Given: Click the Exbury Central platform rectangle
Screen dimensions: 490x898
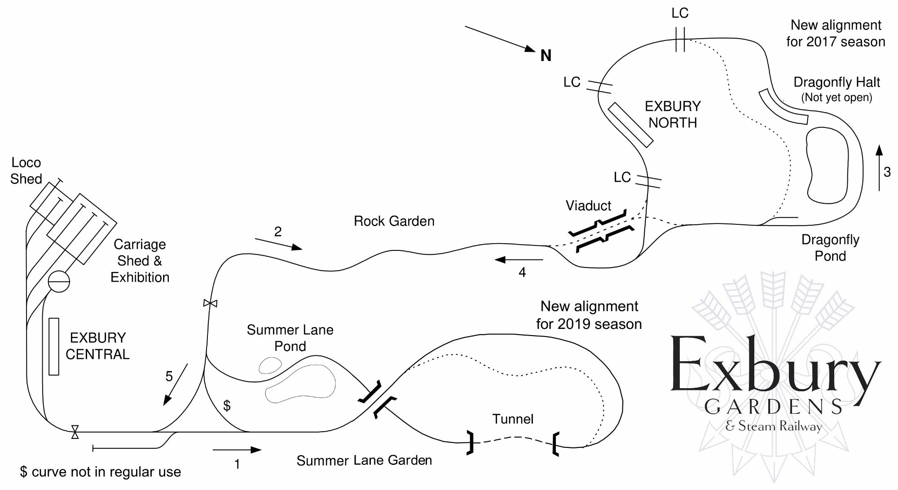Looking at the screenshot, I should (x=54, y=346).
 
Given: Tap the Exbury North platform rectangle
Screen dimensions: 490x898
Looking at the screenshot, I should (x=630, y=125).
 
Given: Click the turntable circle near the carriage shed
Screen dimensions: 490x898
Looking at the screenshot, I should (x=59, y=281).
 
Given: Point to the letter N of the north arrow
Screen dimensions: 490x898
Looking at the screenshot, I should (x=546, y=56).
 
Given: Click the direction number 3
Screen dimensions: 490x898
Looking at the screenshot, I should (x=887, y=172).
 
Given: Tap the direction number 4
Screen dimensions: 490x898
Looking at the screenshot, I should (x=522, y=272).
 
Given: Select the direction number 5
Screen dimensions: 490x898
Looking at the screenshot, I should (x=169, y=376).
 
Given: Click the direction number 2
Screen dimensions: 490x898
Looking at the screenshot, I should (x=278, y=232).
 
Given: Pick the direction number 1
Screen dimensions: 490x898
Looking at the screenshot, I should (x=237, y=464).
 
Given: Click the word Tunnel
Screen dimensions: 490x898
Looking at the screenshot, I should (x=513, y=419).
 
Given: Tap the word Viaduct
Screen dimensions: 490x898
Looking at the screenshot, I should (x=588, y=206).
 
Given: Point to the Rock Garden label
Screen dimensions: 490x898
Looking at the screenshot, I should (x=394, y=221).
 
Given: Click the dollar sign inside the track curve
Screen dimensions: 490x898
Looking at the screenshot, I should (x=227, y=406).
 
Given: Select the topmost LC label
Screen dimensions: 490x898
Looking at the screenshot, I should (x=680, y=13).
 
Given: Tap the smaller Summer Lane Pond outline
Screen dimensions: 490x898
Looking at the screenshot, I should (x=270, y=365).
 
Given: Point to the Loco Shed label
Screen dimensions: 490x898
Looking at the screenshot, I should (x=26, y=171).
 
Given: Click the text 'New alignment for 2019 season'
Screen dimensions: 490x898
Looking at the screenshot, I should (x=589, y=315).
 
